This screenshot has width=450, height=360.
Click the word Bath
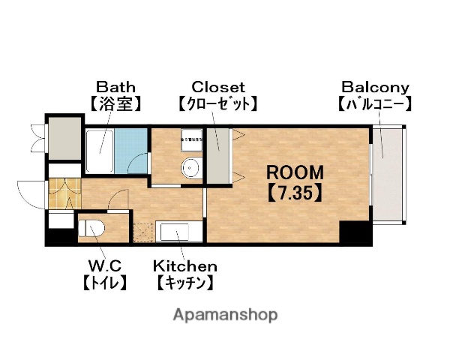pyautogui.click(x=115, y=86)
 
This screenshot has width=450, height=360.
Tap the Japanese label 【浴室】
pyautogui.click(x=115, y=103)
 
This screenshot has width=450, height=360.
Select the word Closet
pyautogui.click(x=218, y=86)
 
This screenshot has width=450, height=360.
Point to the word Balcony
pyautogui.click(x=373, y=86)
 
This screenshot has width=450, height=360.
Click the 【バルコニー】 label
pyautogui.click(x=373, y=103)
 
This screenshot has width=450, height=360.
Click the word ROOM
pyautogui.click(x=295, y=172)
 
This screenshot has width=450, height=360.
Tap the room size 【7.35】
pyautogui.click(x=295, y=192)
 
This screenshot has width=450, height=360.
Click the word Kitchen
pyautogui.click(x=185, y=265)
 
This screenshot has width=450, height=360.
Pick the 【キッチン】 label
pyautogui.click(x=185, y=283)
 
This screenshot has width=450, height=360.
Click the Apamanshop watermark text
pyautogui.click(x=225, y=314)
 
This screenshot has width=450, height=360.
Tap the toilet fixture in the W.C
pyautogui.click(x=91, y=229)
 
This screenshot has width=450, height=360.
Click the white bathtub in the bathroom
pyautogui.click(x=98, y=152)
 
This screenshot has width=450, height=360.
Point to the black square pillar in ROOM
pyautogui.click(x=355, y=233)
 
